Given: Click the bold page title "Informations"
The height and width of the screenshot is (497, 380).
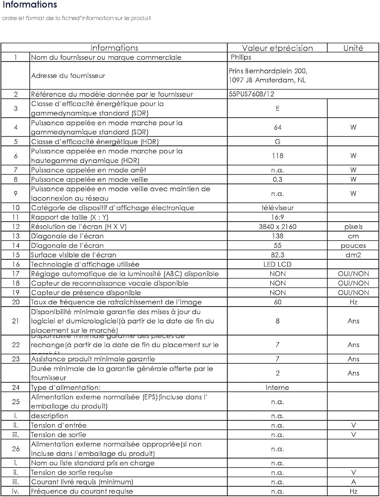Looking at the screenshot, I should [x=30, y=5].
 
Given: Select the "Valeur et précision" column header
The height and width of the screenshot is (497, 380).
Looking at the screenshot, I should [x=277, y=48].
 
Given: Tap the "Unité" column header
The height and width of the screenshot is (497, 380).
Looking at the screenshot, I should [x=353, y=48].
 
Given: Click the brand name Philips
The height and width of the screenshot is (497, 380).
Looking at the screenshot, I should [x=241, y=57].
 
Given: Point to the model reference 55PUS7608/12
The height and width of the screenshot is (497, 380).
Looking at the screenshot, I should [x=251, y=94].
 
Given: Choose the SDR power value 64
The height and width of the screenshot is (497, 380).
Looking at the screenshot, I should [x=277, y=127].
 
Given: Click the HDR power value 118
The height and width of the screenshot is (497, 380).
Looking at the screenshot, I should [x=277, y=156].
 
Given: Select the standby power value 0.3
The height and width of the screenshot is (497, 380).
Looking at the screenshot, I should [x=277, y=179].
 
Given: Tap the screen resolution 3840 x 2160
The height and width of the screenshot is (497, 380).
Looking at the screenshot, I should [x=277, y=227].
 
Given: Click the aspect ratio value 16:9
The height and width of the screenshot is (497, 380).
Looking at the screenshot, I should [x=277, y=217].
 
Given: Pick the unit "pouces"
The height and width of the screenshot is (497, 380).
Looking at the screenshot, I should [x=353, y=246].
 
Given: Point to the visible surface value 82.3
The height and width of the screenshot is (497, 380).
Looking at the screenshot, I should [x=277, y=255].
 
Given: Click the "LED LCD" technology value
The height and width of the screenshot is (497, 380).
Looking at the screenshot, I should [x=277, y=264].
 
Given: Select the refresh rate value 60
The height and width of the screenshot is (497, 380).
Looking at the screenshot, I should [x=277, y=302].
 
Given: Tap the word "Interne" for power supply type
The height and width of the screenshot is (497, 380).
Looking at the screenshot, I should [x=277, y=387].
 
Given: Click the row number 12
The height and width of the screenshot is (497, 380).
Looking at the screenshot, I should [x=16, y=227].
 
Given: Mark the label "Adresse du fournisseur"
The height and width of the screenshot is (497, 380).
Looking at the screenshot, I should [x=68, y=76].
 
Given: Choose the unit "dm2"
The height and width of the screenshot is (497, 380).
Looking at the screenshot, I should [x=353, y=255].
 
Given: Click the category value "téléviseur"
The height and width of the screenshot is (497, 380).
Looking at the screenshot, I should [x=277, y=208].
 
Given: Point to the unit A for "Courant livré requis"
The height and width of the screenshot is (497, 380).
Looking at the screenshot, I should [x=353, y=482].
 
